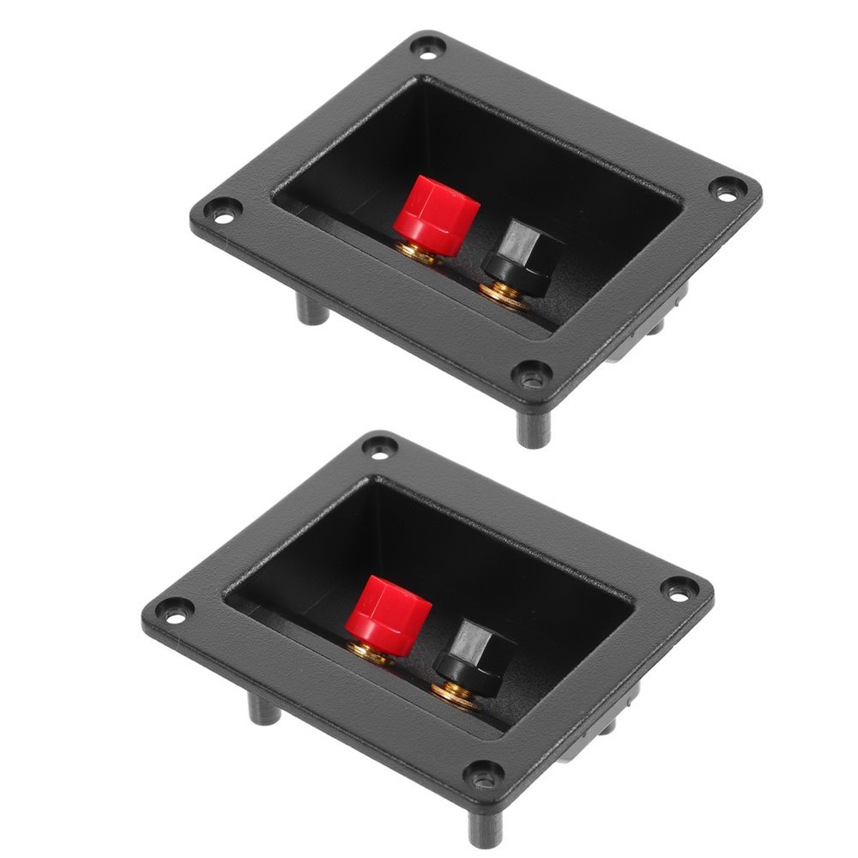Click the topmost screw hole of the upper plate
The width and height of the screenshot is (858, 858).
[427, 46]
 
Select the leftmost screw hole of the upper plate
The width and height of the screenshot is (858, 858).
[223, 212]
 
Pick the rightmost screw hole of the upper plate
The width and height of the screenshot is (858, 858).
[727, 190]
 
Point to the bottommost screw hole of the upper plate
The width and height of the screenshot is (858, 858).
[532, 375]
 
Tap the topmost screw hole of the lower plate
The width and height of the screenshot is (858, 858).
[379, 446]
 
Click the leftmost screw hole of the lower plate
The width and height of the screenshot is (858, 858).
[174, 612]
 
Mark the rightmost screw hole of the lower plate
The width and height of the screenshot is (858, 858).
[679, 590]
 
